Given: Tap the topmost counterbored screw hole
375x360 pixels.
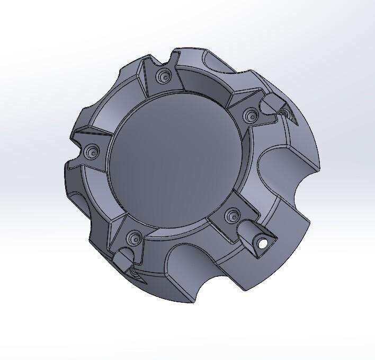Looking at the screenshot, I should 162,77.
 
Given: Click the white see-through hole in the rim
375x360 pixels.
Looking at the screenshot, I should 262,243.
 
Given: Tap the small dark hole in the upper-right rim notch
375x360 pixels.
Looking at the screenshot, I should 286,113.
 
